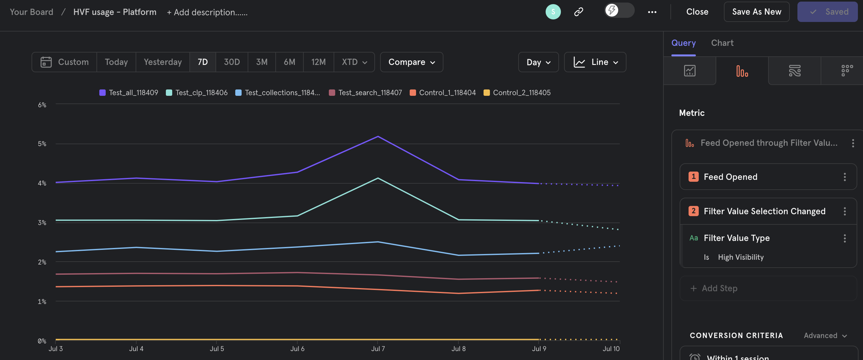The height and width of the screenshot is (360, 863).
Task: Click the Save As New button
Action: point(756,12)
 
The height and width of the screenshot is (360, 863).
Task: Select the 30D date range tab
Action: point(231,62)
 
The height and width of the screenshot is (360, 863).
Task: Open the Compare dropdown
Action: point(411,62)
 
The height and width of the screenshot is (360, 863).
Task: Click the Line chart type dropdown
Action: point(595,62)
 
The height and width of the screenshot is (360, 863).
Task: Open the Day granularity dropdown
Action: point(538,62)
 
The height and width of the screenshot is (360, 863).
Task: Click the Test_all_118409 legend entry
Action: point(129,93)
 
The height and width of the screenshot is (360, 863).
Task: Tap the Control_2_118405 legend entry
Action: point(517,93)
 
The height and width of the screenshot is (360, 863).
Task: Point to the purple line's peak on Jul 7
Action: point(378,136)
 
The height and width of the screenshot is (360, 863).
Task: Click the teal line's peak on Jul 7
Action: point(378,178)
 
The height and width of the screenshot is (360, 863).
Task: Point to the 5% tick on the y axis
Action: point(42,144)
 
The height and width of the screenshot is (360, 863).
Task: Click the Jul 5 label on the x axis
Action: point(217,349)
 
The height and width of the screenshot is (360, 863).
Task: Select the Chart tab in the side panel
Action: point(722,43)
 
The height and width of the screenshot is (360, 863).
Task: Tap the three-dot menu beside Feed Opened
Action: point(845,177)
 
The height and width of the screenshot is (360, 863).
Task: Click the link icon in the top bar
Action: point(579,12)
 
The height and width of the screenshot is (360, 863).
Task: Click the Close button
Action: point(697,12)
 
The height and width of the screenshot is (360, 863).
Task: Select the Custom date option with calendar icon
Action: point(65,62)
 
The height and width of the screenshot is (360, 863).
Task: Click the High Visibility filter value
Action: point(740,257)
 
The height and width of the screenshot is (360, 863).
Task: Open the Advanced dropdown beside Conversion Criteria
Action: point(825,335)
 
